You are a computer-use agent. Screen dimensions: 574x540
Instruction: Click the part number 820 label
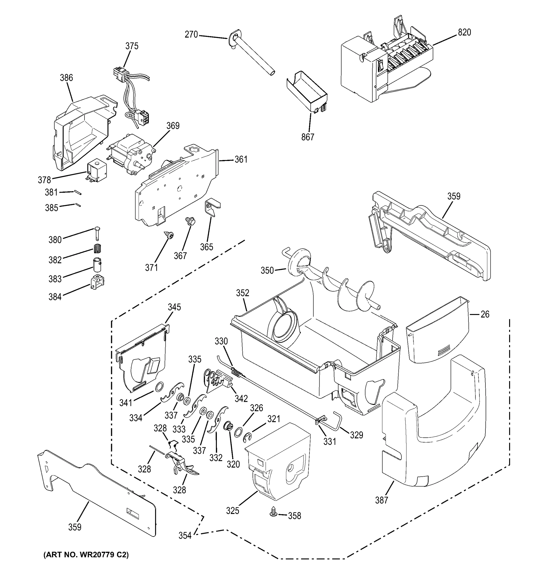tap(464, 32)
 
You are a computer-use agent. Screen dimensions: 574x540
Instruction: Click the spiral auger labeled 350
tap(332, 286)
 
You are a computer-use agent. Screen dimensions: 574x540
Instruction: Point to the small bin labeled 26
tap(436, 332)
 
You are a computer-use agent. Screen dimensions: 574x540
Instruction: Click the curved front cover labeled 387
tap(433, 433)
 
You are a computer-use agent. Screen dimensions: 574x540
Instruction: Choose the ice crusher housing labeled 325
tap(277, 462)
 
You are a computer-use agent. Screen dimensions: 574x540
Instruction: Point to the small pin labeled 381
tap(78, 192)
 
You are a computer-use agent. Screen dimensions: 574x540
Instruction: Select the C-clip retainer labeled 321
tap(247, 438)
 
